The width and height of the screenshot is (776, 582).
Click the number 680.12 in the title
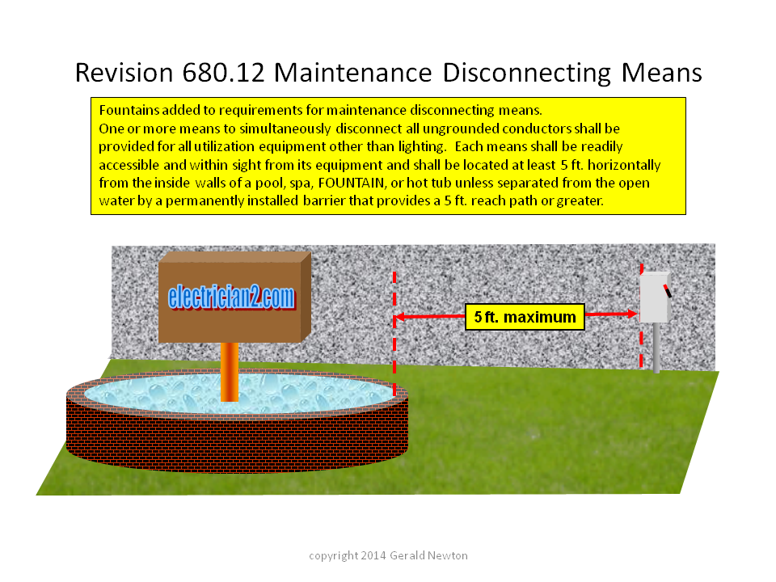click(223, 73)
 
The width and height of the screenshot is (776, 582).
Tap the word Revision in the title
click(124, 73)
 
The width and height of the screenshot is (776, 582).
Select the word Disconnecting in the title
click(526, 74)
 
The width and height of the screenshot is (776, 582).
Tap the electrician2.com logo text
click(231, 297)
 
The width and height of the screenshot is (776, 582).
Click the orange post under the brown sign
click(229, 372)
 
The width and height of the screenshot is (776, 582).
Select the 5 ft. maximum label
click(525, 317)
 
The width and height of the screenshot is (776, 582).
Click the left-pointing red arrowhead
click(400, 317)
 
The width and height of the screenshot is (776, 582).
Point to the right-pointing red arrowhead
click(632, 314)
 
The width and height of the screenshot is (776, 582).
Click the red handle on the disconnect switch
click(667, 291)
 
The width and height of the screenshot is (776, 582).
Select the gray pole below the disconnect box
click(656, 348)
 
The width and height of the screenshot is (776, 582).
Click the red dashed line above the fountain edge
click(394, 332)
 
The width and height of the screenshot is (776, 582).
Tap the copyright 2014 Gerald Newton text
click(388, 556)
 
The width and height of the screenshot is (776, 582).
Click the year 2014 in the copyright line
click(373, 555)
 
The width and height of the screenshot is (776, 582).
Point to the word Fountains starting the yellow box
click(129, 110)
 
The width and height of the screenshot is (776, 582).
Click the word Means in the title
click(661, 73)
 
